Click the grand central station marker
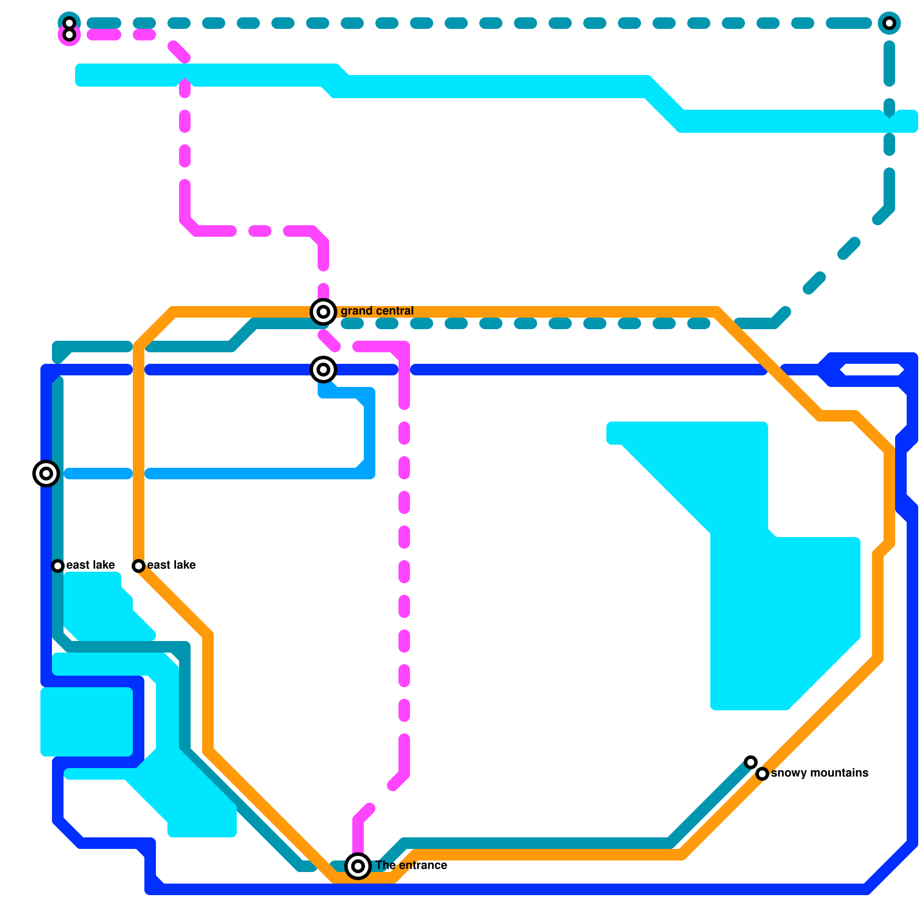(323, 312)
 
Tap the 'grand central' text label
(377, 311)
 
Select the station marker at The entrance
(358, 866)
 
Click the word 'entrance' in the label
(422, 866)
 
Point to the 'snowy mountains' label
(819, 773)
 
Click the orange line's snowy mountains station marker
(762, 774)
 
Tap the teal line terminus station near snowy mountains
(751, 762)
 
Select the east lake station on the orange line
(139, 566)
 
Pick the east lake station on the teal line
(58, 566)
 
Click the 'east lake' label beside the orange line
(172, 565)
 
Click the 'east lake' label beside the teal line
(91, 565)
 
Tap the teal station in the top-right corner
(889, 23)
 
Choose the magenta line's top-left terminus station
(69, 35)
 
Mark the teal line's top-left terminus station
(69, 23)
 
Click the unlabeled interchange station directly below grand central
(323, 370)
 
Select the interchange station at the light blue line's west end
(46, 474)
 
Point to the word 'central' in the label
(394, 311)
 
